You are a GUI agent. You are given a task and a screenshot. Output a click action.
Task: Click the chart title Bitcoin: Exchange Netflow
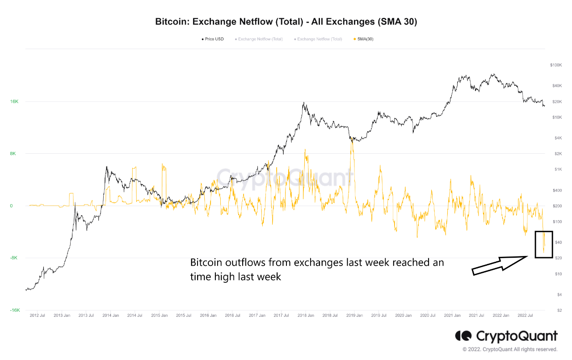point(286,22)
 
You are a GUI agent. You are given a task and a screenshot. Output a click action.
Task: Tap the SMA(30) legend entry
point(365,39)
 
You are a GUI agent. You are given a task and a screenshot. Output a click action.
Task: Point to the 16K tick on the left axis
point(14,102)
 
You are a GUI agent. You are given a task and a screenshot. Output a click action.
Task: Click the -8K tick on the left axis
point(14,258)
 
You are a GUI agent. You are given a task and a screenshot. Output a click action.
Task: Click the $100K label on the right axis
point(556,65)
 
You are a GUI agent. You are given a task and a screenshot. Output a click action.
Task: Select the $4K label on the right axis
point(558,138)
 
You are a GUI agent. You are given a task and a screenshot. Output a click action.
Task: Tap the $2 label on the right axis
point(559,310)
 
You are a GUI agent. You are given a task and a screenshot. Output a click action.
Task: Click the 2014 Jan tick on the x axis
point(110,315)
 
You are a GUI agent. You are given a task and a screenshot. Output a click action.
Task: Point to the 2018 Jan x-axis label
point(305,315)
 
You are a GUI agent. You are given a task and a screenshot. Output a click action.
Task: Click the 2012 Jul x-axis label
point(37,315)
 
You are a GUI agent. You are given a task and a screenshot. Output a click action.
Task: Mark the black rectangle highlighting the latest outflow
point(544,244)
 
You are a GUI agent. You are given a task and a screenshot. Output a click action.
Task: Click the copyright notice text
point(510,349)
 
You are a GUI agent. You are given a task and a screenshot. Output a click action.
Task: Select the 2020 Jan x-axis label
point(403,315)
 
